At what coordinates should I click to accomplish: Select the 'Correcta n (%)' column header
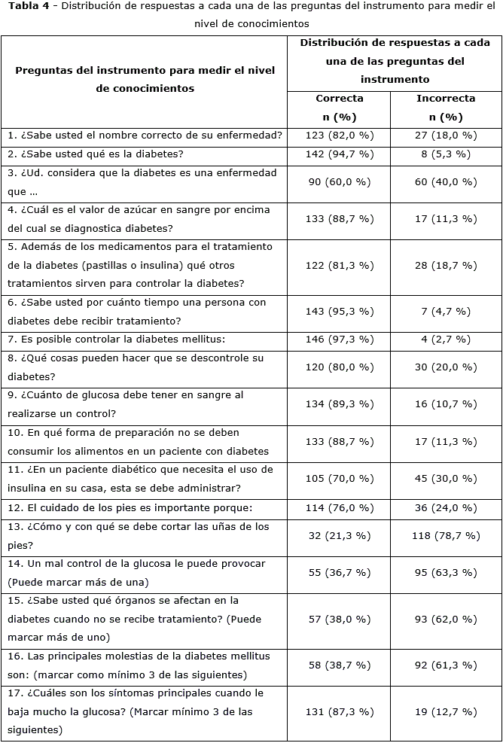pos(339,108)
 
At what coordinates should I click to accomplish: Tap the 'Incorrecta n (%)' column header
pos(446,108)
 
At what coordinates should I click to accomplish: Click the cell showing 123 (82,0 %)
pos(339,136)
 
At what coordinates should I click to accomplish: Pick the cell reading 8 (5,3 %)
pos(446,154)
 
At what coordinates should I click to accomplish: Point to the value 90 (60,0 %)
pos(339,182)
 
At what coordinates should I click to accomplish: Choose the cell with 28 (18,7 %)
pos(446,266)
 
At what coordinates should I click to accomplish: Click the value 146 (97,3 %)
pos(339,340)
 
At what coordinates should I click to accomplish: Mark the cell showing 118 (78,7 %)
pos(446,535)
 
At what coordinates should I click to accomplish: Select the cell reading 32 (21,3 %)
pos(339,535)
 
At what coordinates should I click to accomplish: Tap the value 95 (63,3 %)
pos(446,572)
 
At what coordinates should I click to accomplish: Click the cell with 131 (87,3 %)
pos(339,711)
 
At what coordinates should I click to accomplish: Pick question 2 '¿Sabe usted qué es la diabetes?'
pos(96,154)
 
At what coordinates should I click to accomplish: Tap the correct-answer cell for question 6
pos(339,312)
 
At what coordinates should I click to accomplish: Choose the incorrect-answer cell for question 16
pos(446,665)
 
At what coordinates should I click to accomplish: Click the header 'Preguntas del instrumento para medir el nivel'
pos(145,70)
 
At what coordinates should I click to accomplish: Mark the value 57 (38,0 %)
pos(339,619)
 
